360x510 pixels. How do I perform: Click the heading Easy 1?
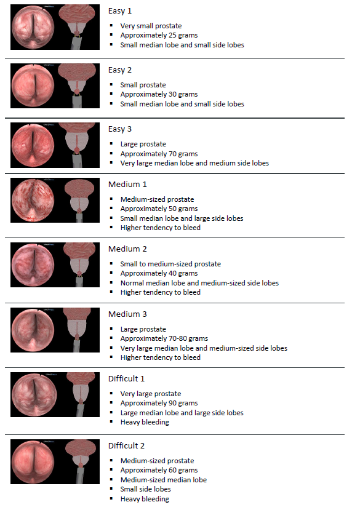[x=120, y=11]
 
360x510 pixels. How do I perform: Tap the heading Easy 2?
[x=120, y=70]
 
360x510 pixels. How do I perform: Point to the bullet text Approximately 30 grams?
[x=159, y=94]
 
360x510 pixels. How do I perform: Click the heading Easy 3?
[x=120, y=129]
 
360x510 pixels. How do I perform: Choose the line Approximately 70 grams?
[x=159, y=154]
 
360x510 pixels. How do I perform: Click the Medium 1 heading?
[x=127, y=185]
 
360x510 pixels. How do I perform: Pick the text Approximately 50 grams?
[x=159, y=209]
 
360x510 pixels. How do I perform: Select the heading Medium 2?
[x=127, y=249]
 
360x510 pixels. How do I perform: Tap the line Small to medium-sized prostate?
[x=170, y=264]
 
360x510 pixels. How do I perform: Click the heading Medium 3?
[x=127, y=314]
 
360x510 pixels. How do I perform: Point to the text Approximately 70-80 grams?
[x=164, y=338]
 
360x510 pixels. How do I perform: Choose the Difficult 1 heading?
[x=126, y=378]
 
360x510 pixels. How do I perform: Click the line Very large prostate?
[x=151, y=394]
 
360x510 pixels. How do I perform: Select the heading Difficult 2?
[x=126, y=445]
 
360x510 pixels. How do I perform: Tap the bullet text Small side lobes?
[x=145, y=489]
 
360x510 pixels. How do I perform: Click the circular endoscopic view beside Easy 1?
[x=33, y=27]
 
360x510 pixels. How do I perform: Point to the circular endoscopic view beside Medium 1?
[x=33, y=201]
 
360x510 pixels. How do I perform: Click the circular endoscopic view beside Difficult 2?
[x=33, y=462]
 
